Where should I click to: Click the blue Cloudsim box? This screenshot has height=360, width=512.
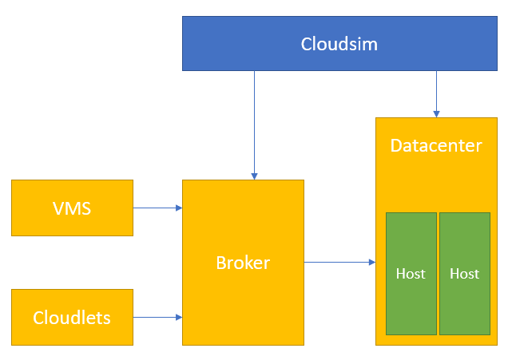tap(339, 44)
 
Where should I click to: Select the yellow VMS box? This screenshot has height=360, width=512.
tap(72, 208)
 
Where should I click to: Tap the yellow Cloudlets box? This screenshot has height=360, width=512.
tap(72, 317)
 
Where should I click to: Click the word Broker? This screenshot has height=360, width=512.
tap(243, 263)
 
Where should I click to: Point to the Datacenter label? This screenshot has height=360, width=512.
tap(436, 145)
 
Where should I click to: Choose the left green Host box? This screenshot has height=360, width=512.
tap(411, 274)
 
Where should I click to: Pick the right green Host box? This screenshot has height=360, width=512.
tap(464, 274)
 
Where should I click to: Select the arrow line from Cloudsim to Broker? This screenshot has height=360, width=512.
tap(254, 120)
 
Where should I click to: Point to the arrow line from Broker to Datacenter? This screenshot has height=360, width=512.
tap(335, 262)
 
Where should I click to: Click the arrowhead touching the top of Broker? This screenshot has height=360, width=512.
tap(254, 176)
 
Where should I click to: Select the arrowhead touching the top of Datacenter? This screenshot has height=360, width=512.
tap(436, 113)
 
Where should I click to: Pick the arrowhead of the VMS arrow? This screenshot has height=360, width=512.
tap(179, 208)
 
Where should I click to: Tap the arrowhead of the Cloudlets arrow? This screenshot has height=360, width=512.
tap(179, 317)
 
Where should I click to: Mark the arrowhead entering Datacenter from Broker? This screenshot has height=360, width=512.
tap(371, 262)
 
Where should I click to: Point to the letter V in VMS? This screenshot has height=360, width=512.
tap(58, 209)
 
